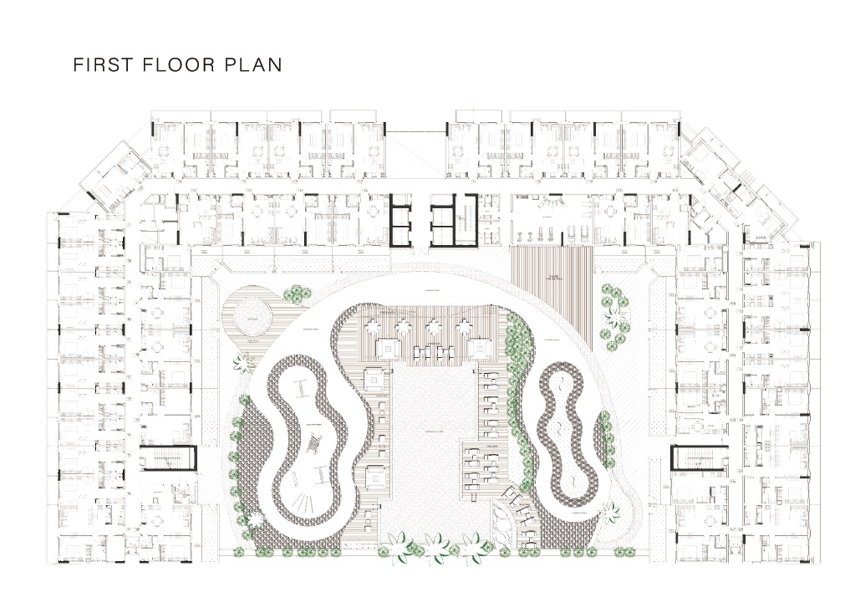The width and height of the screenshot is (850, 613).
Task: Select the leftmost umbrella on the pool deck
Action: [x=374, y=324]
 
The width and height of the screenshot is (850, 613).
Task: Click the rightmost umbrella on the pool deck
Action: [x=488, y=324]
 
